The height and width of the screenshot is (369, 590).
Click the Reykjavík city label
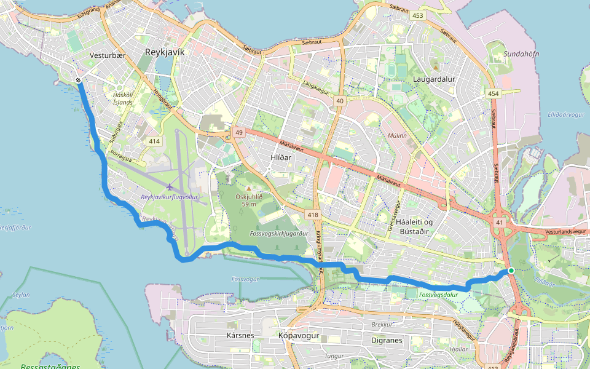tap(164, 52)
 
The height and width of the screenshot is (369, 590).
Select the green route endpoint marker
tap(511, 270)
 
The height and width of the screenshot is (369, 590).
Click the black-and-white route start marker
tap(79, 81)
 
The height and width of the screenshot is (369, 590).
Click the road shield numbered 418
tap(313, 215)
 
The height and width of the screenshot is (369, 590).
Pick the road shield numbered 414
tap(154, 141)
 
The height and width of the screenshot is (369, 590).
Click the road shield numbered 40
tap(339, 100)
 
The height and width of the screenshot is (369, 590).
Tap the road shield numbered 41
tap(500, 223)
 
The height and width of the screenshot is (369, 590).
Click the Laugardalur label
tap(434, 79)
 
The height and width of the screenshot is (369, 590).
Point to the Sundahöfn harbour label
tap(521, 54)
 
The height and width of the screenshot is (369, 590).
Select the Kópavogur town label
tap(301, 336)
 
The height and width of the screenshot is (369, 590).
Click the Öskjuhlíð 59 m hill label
tap(249, 200)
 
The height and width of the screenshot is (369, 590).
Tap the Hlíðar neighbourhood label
tap(280, 157)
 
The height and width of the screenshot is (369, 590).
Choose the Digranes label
tap(387, 339)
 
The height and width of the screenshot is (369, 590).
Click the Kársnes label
tap(240, 336)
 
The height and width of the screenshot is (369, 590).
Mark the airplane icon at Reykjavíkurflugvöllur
tap(170, 186)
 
